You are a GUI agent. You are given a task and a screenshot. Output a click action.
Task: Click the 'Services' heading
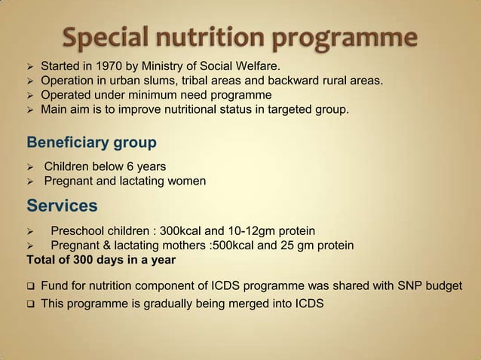[x=62, y=206]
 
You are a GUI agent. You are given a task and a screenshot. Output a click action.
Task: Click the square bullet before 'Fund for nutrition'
[x=29, y=288]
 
